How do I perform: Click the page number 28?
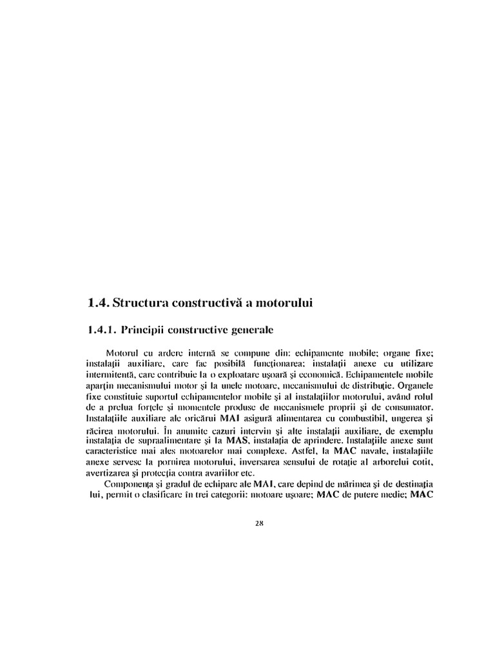[x=260, y=523]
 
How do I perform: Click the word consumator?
[x=402, y=408]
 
